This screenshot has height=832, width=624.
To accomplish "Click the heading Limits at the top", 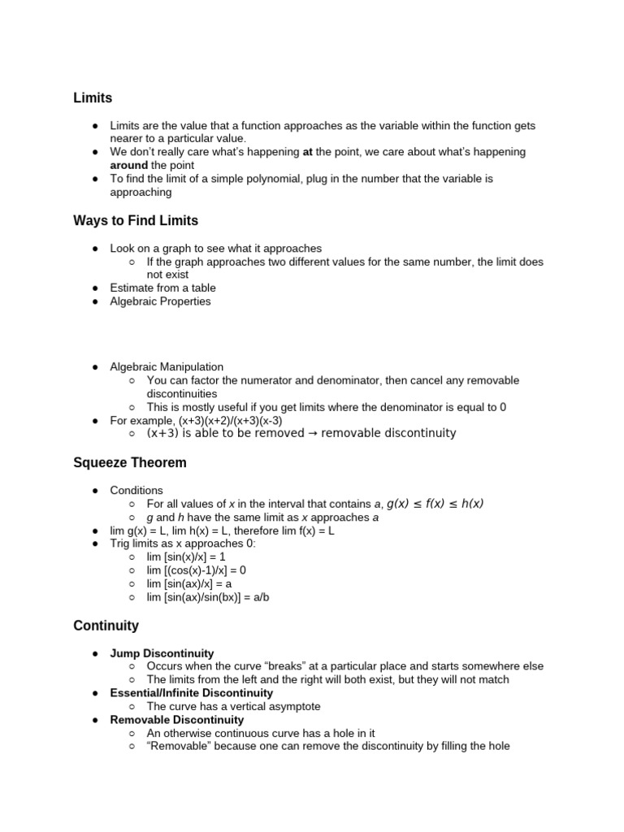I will pyautogui.click(x=93, y=98).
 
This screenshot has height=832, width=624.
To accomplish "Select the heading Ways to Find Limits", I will pyautogui.click(x=136, y=221).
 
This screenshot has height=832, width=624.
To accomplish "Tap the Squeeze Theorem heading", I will pyautogui.click(x=130, y=463).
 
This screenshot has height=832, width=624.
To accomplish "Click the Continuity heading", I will pyautogui.click(x=106, y=626).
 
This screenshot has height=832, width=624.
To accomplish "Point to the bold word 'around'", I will pyautogui.click(x=129, y=165).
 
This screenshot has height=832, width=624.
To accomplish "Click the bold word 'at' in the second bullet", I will pyautogui.click(x=308, y=152).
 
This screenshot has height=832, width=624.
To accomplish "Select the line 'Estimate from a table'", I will pyautogui.click(x=162, y=288).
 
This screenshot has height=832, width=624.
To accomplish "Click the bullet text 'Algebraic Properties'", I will pyautogui.click(x=160, y=301).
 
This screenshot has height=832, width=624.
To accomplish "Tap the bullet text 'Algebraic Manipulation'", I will pyautogui.click(x=167, y=367).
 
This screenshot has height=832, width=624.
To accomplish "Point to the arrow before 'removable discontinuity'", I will pyautogui.click(x=312, y=434).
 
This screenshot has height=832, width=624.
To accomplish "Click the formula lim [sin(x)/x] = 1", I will pyautogui.click(x=185, y=557).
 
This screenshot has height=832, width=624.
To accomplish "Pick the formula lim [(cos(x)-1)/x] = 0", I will pyautogui.click(x=196, y=570).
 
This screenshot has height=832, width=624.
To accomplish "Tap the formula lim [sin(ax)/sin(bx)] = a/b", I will pyautogui.click(x=207, y=597).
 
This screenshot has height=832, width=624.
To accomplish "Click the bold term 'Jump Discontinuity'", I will pyautogui.click(x=162, y=653).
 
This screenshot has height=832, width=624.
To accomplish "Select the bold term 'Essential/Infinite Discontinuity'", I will pyautogui.click(x=192, y=693).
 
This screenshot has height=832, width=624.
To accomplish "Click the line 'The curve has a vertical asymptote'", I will pyautogui.click(x=234, y=706).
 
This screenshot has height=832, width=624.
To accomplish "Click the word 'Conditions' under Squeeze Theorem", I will pyautogui.click(x=136, y=491).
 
